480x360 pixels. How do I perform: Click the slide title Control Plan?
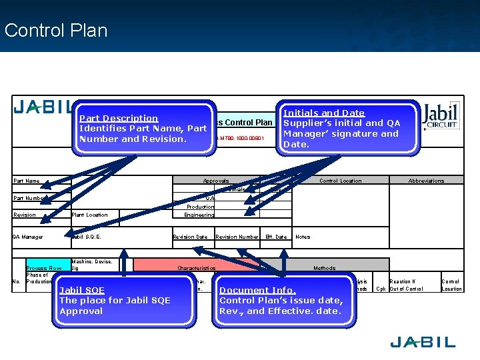click(55, 30)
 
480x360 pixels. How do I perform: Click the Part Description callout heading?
click(119, 118)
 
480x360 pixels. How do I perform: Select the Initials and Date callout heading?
click(324, 113)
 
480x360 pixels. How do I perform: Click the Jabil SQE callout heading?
click(82, 290)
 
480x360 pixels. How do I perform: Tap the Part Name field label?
click(27, 181)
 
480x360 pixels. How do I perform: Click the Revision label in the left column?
click(25, 215)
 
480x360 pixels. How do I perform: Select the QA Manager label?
click(28, 237)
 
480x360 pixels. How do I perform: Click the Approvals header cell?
click(216, 181)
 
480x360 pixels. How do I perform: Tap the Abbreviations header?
click(426, 181)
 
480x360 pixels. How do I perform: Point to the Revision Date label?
click(190, 237)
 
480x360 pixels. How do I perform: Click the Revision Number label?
click(237, 237)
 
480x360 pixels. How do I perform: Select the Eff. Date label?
click(276, 237)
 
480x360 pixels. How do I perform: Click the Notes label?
click(303, 237)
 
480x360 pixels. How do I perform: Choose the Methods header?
click(325, 268)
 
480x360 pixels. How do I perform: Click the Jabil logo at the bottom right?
click(423, 342)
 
